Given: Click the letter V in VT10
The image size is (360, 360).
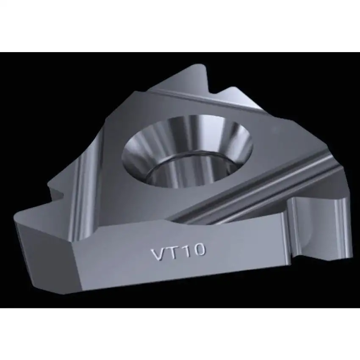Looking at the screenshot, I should [x=158, y=255].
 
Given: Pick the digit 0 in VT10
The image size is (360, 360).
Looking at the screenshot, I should [x=199, y=250].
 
